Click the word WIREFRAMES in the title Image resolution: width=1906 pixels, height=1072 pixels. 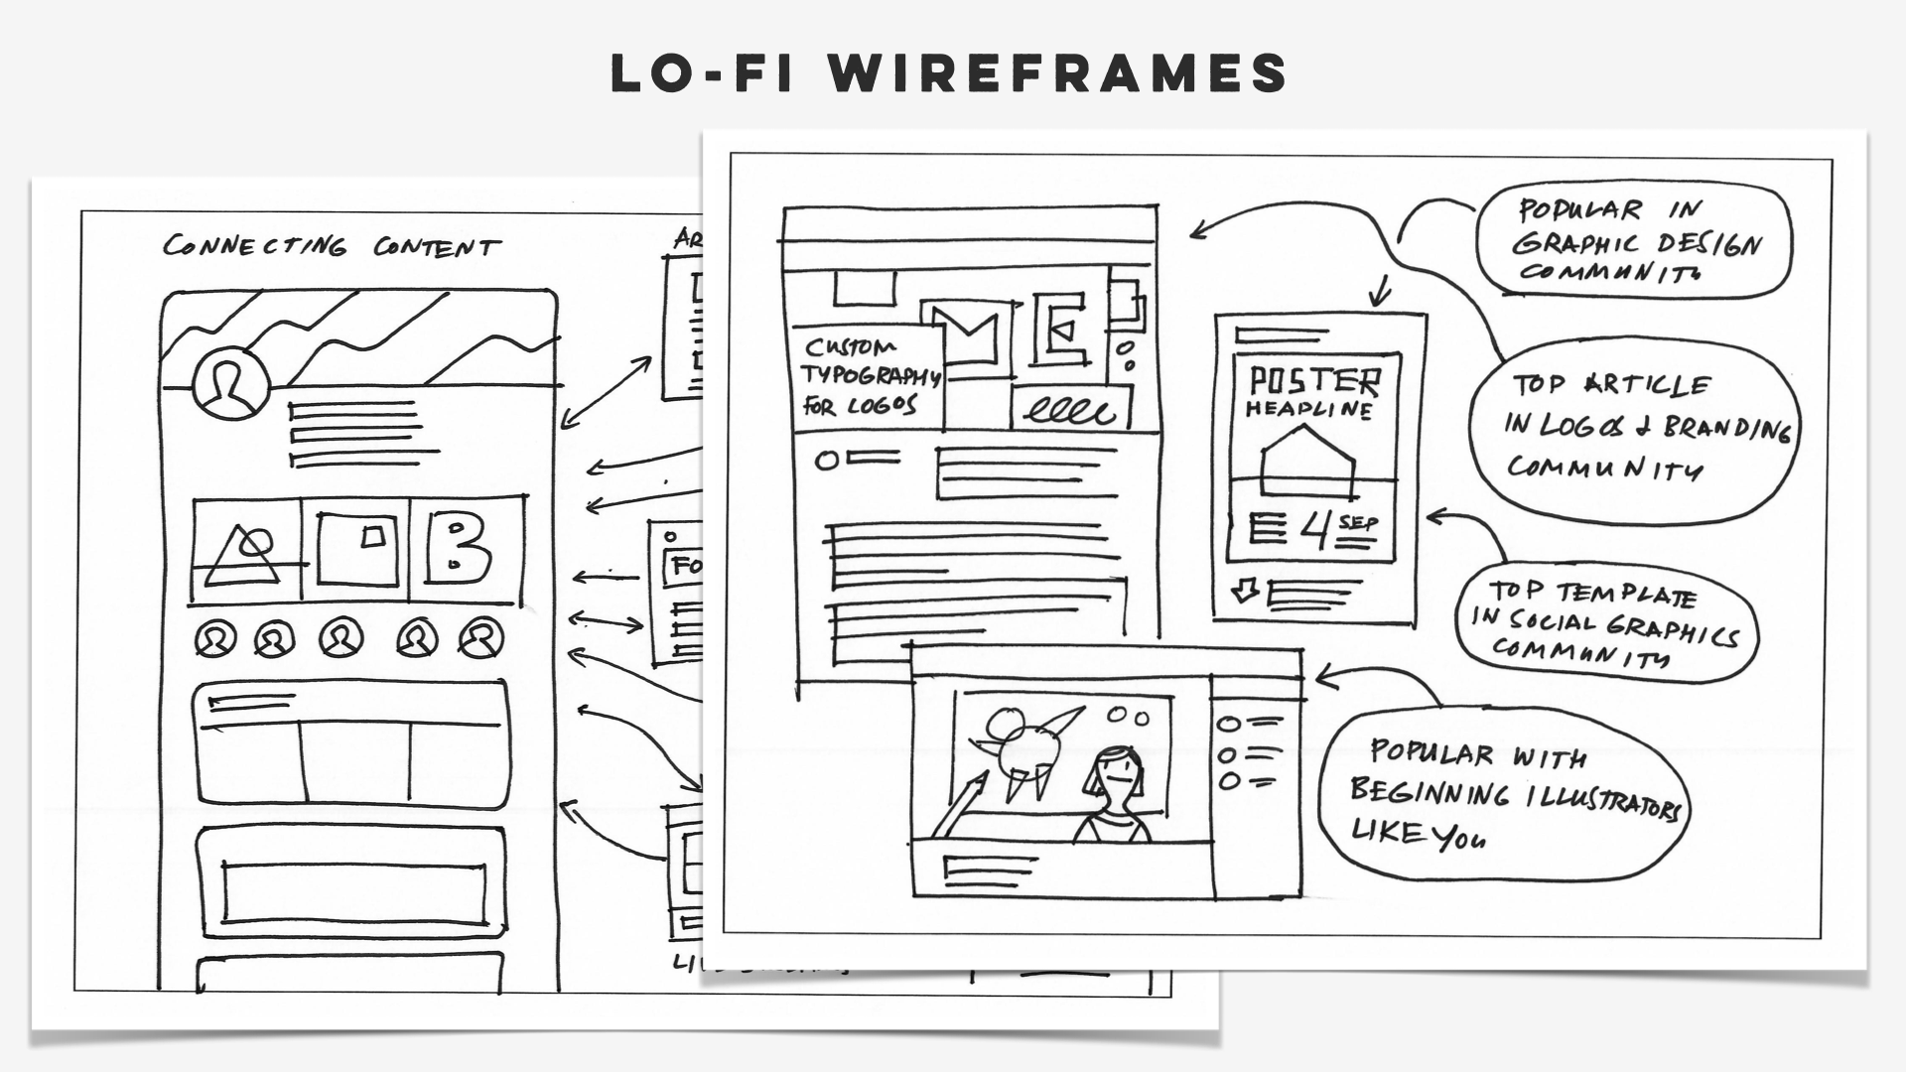click(1058, 73)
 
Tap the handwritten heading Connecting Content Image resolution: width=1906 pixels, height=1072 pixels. click(332, 246)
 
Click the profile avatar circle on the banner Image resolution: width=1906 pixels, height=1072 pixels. click(231, 384)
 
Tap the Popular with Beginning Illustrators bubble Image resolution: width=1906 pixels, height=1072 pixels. click(1504, 794)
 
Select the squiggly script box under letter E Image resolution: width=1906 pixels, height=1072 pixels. click(1070, 407)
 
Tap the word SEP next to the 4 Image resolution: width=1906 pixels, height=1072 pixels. click(1358, 522)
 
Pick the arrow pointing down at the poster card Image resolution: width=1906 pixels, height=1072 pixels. click(1381, 291)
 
